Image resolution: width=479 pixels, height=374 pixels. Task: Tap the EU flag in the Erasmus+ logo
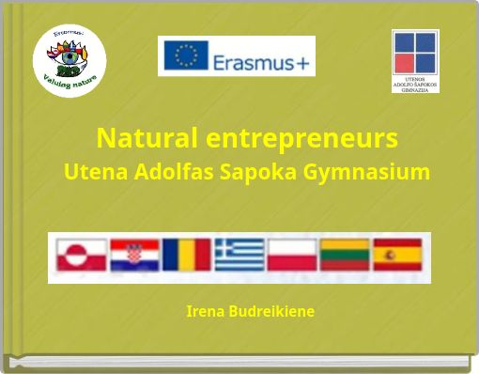pyautogui.click(x=185, y=55)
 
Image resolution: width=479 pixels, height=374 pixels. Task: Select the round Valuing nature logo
pyautogui.click(x=69, y=58)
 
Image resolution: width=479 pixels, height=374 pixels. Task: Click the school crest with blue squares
pyautogui.click(x=414, y=52)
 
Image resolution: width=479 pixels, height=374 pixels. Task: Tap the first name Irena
pyautogui.click(x=205, y=311)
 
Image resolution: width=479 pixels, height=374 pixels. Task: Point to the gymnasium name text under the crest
pyautogui.click(x=415, y=84)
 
